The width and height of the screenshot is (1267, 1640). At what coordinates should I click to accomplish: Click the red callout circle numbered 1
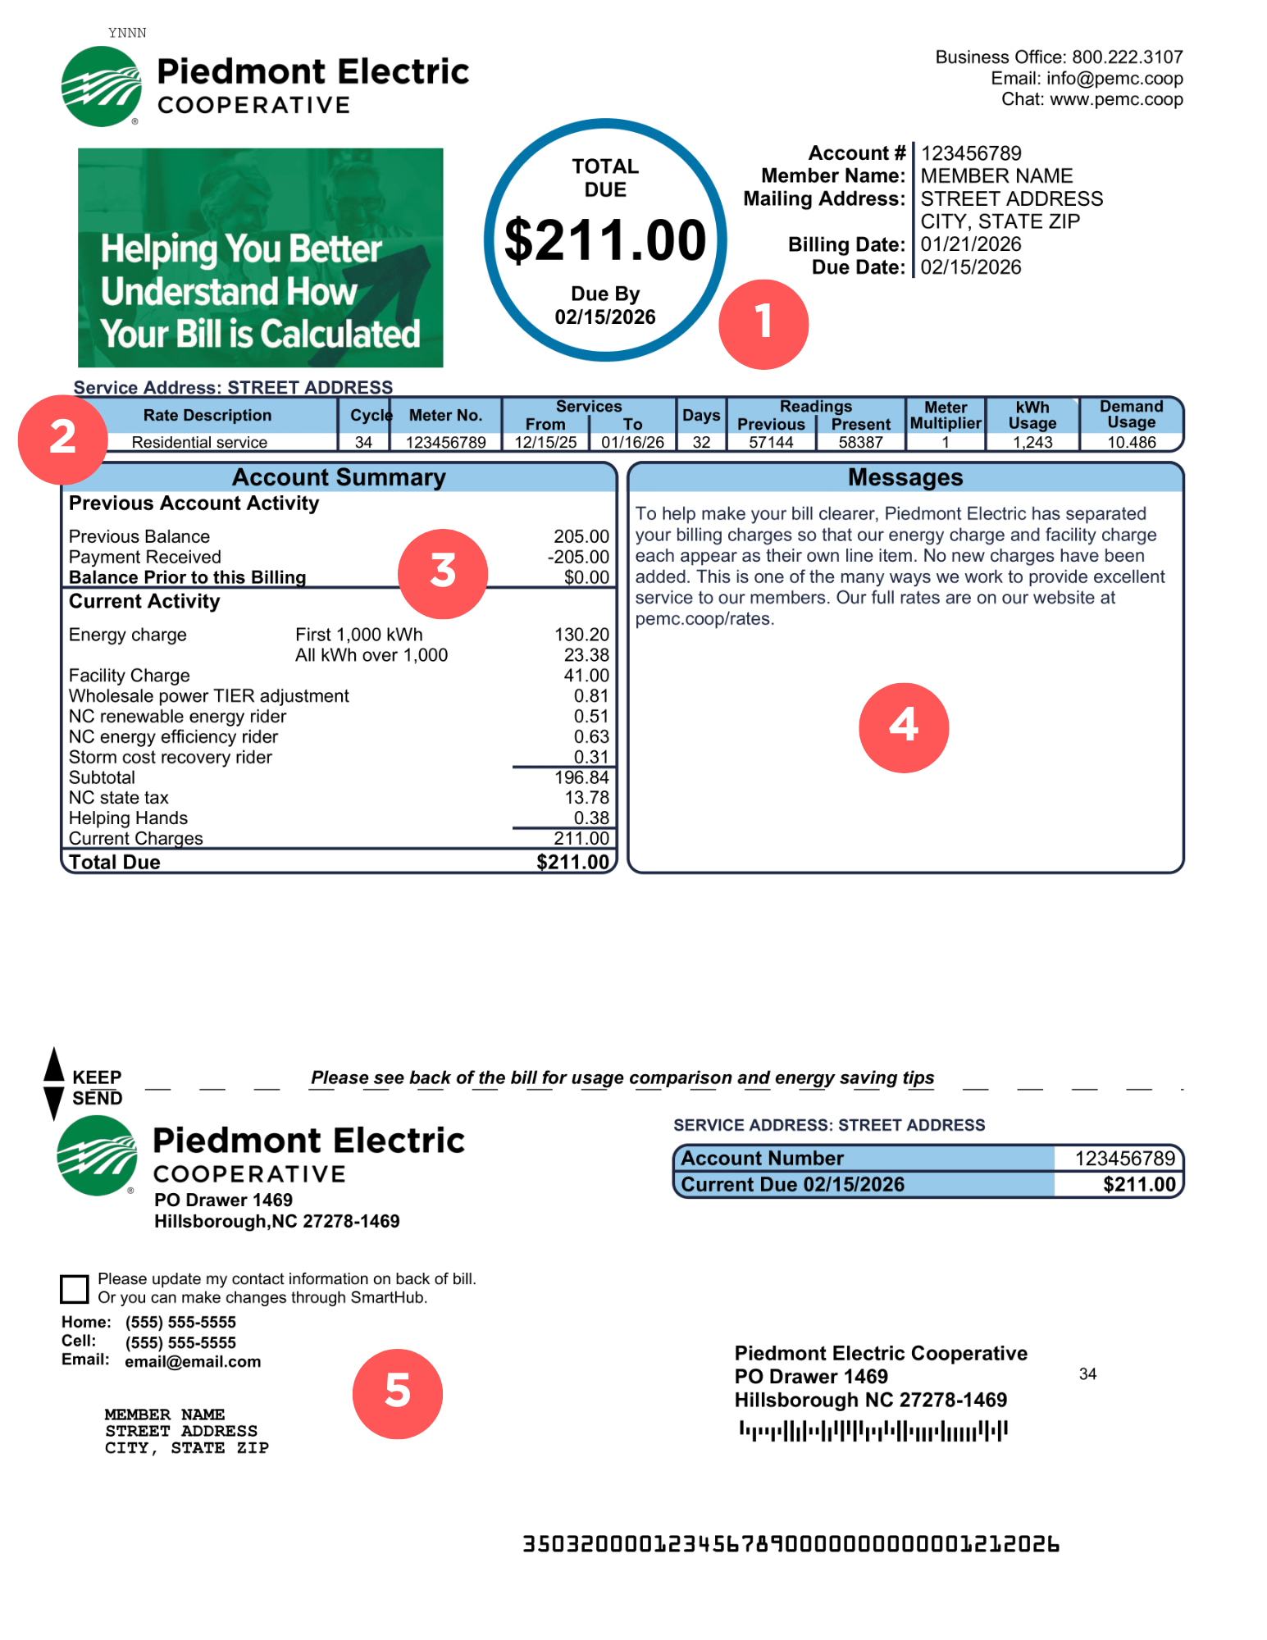tap(763, 324)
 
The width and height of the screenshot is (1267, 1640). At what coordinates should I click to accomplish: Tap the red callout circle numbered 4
tap(903, 727)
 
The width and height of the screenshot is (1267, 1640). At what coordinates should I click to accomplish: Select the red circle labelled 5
tap(397, 1393)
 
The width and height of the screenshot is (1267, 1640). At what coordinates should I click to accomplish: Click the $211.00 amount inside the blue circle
tap(604, 241)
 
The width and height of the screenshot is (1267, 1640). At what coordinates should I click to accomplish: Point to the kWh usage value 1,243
tap(1032, 443)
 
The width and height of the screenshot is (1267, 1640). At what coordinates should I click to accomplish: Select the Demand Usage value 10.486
tap(1131, 443)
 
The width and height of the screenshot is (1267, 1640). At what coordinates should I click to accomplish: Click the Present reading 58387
tap(860, 443)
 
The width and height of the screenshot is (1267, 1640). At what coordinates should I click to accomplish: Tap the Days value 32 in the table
tap(701, 443)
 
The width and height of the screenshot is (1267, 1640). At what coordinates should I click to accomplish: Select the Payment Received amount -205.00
tap(578, 557)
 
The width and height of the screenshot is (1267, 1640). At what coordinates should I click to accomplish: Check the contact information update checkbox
tap(75, 1288)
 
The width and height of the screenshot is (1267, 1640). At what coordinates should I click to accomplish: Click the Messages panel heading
tap(905, 477)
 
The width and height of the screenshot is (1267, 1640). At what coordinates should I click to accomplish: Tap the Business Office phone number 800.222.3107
tap(1127, 57)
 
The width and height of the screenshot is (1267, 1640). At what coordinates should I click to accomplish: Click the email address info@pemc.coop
tap(1114, 79)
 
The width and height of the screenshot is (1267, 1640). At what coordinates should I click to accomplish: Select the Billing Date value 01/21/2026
tap(970, 244)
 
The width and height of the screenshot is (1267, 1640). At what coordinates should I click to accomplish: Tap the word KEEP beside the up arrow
tap(97, 1077)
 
